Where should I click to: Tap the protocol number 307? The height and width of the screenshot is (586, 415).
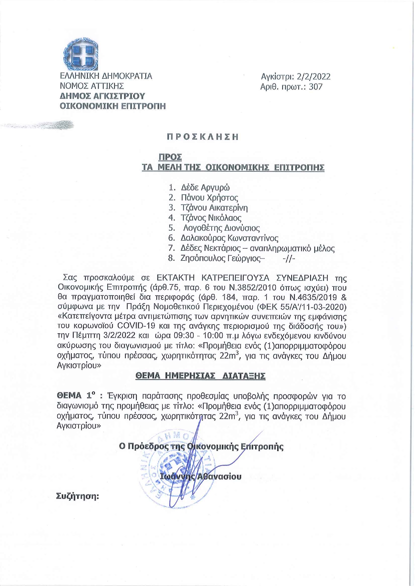[x=316, y=87]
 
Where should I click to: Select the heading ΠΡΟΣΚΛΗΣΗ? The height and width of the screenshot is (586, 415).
[x=203, y=137]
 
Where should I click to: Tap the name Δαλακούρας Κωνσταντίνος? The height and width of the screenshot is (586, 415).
[x=229, y=238]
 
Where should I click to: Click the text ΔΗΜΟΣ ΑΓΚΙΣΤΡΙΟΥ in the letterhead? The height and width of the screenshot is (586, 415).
[x=102, y=96]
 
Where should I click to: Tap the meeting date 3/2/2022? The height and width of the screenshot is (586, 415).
[x=116, y=335]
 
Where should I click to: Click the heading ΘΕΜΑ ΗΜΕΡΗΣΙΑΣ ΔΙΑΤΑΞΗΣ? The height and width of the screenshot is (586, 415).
[x=200, y=376]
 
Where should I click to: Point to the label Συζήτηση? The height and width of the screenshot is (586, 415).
[x=78, y=496]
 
